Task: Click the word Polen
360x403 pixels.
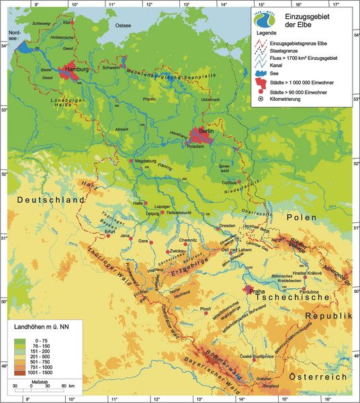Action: tap(301, 218)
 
